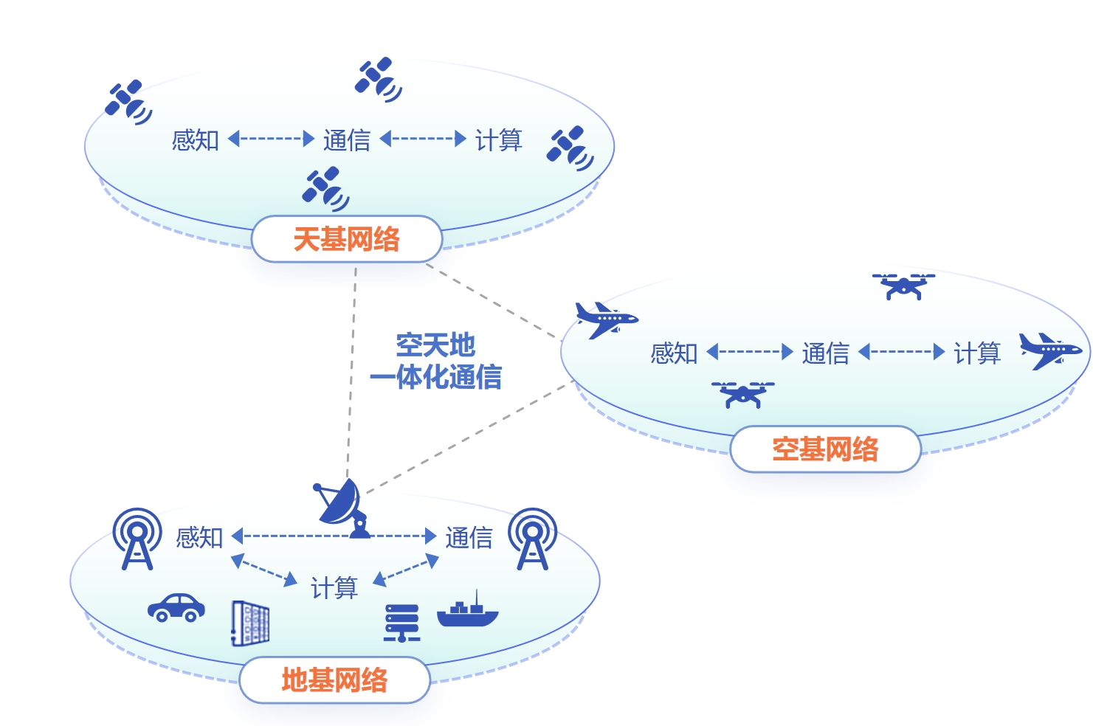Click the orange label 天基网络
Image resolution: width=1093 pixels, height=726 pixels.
point(346,239)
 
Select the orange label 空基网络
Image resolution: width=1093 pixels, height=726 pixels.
point(825,449)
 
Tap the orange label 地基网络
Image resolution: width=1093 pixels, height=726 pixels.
point(334,680)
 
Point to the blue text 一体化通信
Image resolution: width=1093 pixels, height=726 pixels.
point(436,378)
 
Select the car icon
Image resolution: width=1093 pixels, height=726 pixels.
point(176,607)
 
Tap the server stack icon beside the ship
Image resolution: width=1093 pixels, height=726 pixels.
point(402,623)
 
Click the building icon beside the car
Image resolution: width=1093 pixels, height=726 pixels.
point(250,623)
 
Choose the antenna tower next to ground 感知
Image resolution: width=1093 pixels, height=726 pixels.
point(137,539)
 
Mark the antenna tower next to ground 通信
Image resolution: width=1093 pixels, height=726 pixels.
point(532,539)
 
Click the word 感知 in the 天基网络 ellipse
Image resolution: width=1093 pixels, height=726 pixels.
point(195,139)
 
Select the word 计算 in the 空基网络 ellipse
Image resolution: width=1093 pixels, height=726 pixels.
point(976,353)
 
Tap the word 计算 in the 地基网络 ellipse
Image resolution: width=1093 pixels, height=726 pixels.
point(334,588)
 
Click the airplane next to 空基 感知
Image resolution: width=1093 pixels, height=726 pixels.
point(606,319)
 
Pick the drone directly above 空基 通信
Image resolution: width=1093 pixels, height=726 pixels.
point(903,286)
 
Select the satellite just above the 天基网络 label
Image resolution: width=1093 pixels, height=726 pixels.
point(325,188)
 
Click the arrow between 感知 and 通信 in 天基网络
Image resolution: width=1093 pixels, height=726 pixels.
point(271,139)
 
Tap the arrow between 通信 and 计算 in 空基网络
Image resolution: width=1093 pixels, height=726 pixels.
point(901,352)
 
